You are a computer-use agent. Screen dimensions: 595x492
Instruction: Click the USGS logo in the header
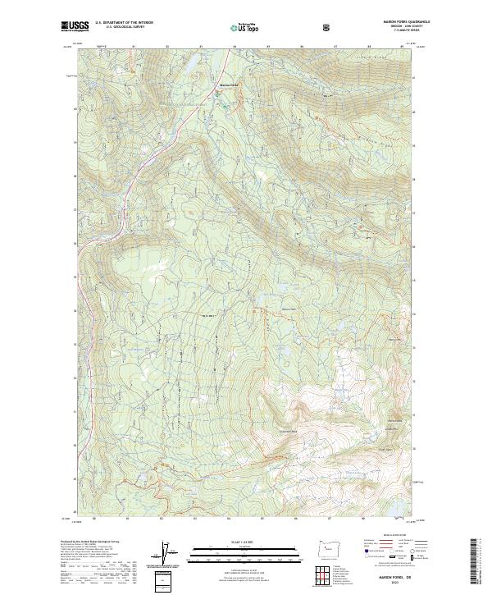pos(75,26)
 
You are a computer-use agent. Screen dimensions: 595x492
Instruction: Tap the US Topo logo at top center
pos(247,27)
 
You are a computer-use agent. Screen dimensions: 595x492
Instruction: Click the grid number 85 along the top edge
pos(268,47)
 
